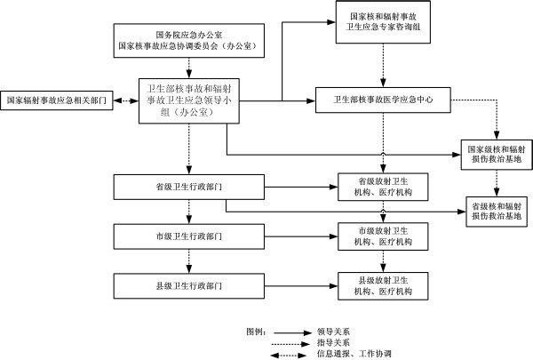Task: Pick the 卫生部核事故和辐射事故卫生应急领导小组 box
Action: (187, 100)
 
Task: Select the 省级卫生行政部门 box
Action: (187, 188)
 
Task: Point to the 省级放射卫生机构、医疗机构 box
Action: (383, 188)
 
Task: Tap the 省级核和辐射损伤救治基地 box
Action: (497, 210)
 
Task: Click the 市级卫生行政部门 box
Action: (187, 237)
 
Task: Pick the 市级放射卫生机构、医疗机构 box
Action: (383, 237)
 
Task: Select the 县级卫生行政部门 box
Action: (187, 285)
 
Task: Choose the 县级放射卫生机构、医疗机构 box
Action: (383, 285)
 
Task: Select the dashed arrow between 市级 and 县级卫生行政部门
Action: (187, 261)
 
